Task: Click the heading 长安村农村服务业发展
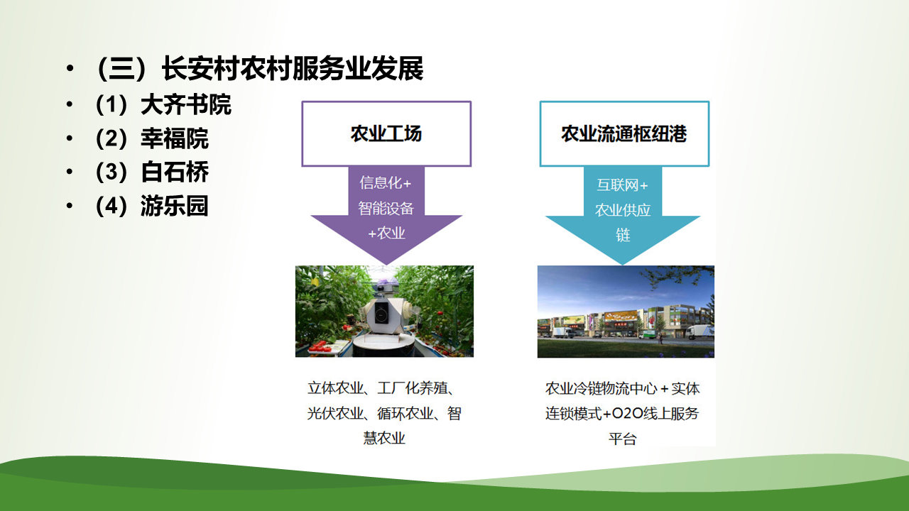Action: (x=293, y=68)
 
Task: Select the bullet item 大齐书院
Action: (x=186, y=104)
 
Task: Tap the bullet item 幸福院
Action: (x=175, y=138)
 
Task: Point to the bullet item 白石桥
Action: (x=175, y=172)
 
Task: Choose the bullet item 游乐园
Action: (x=175, y=206)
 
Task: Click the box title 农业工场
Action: (x=386, y=134)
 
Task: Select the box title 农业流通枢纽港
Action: (x=624, y=134)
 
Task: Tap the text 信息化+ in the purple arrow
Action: (x=386, y=183)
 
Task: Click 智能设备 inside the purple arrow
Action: (x=386, y=209)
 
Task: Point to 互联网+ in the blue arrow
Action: (x=622, y=185)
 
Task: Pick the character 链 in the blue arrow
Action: (x=623, y=235)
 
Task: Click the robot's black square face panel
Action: (x=381, y=312)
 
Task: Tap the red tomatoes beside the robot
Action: (x=320, y=346)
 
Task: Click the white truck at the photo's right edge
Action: (x=700, y=331)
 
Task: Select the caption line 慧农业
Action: (x=384, y=438)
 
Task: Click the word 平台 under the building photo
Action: (x=623, y=439)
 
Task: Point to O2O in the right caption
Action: (x=627, y=414)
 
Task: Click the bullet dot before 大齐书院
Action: (x=70, y=104)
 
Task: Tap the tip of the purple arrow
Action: (x=386, y=265)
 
